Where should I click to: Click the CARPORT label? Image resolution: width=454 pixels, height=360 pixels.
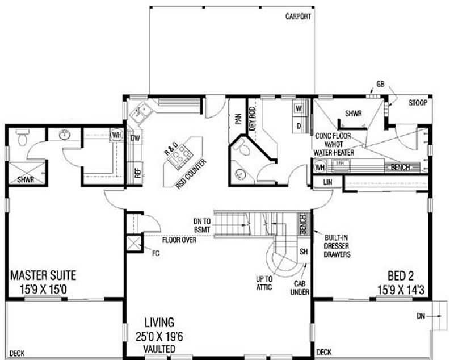(x=298, y=16)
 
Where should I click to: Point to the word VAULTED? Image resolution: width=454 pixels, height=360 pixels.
(x=159, y=348)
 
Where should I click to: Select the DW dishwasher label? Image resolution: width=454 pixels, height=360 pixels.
(x=135, y=137)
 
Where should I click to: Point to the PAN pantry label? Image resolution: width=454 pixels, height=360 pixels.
(x=237, y=119)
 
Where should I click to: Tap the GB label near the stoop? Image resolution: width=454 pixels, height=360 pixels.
(x=380, y=86)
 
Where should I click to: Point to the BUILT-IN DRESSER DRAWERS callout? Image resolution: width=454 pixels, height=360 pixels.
(x=337, y=245)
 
